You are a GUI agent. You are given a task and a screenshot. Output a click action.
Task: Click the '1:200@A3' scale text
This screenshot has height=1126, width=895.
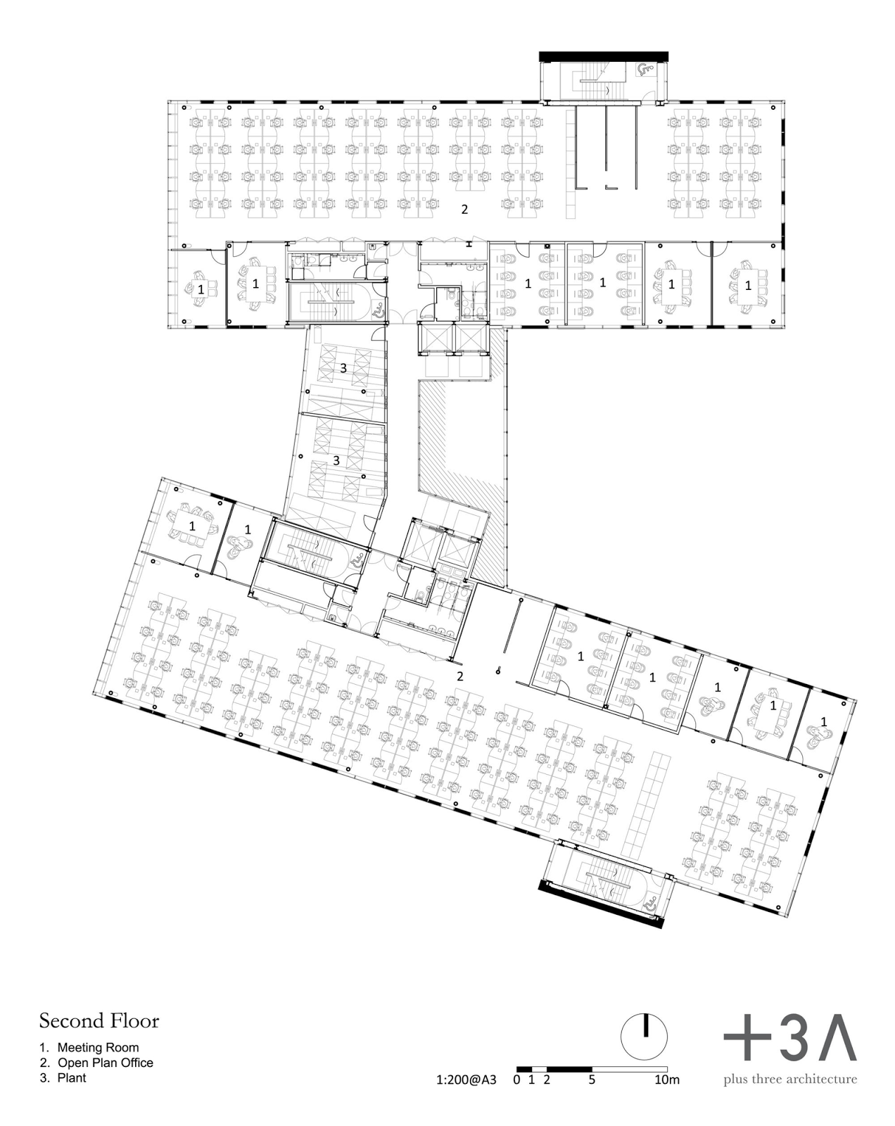(x=466, y=1080)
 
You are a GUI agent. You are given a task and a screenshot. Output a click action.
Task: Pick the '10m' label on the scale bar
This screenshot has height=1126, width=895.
(x=667, y=1080)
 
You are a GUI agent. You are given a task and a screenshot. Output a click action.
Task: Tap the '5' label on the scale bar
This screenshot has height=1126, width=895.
(x=592, y=1080)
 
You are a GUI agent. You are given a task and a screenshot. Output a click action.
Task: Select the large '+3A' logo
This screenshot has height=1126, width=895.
(x=790, y=1038)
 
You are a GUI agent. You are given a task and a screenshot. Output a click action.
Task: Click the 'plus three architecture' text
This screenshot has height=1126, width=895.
(x=790, y=1079)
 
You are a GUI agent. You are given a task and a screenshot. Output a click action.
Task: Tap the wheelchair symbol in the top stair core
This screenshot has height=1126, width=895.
(x=643, y=68)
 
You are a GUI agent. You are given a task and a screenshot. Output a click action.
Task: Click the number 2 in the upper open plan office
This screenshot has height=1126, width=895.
(x=464, y=209)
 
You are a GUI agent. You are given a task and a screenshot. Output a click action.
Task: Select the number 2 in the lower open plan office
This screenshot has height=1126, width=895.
(x=459, y=676)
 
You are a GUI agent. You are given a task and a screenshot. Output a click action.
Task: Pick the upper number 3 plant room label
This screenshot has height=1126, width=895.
(x=343, y=368)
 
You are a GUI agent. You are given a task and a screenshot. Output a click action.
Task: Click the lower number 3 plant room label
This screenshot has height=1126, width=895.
(x=336, y=460)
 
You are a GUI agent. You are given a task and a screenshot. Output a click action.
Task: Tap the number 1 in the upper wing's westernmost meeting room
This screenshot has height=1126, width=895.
(x=201, y=289)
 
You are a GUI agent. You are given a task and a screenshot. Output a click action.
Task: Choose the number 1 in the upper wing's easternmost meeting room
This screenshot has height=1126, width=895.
(x=747, y=285)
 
